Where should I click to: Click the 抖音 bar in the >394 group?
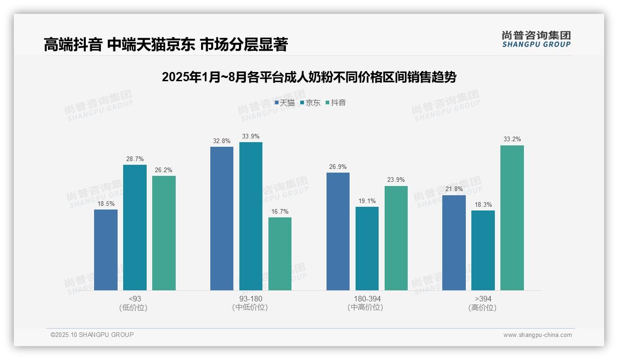[x=512, y=218]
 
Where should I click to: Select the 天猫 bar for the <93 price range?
[x=106, y=250]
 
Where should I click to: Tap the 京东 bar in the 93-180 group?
[x=251, y=216]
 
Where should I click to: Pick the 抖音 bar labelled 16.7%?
[x=280, y=254]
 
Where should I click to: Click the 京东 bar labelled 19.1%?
[x=367, y=248]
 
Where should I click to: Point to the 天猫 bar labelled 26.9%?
[x=338, y=231]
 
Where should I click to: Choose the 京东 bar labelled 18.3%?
[x=483, y=250]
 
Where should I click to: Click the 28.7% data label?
[x=135, y=159]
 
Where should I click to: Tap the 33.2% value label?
[x=512, y=139]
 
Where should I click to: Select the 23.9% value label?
[x=396, y=180]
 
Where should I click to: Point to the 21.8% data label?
[x=454, y=189]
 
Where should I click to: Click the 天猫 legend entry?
[x=285, y=103]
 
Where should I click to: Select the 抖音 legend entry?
[x=336, y=103]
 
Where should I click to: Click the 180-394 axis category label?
[x=367, y=299]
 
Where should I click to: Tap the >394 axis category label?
[x=483, y=299]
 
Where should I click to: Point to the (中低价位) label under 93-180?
[x=250, y=307]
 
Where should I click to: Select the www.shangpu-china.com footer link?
[x=537, y=335]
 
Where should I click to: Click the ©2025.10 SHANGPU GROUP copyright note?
[x=92, y=335]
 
